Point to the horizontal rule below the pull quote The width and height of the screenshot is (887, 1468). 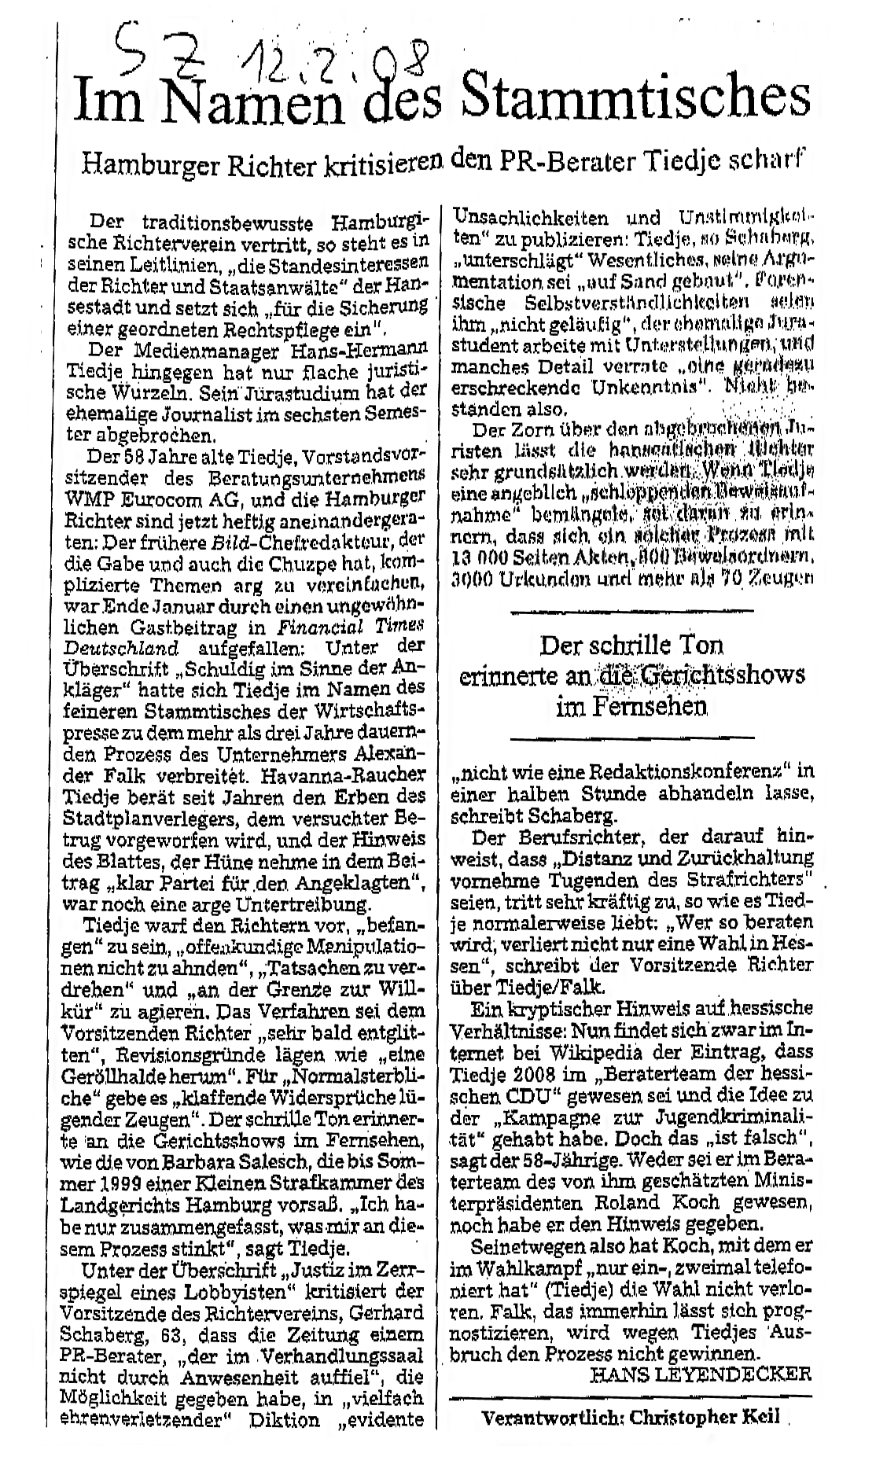tap(632, 738)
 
